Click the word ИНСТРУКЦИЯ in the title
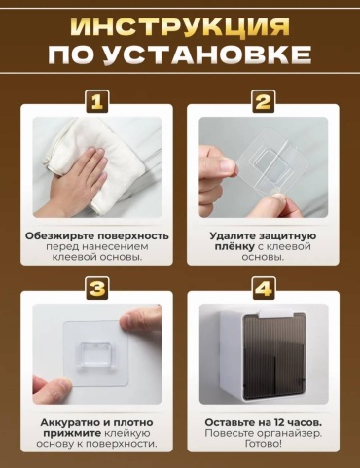[180, 26]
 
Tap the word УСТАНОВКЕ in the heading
[208, 54]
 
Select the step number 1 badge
[97, 101]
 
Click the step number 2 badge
[264, 101]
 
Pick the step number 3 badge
[97, 288]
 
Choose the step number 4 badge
[264, 288]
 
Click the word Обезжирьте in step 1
[59, 235]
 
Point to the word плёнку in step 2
[234, 246]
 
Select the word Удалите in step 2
[233, 235]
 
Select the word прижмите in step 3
[72, 434]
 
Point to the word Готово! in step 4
[264, 444]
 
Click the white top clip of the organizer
[276, 313]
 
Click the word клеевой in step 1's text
[72, 257]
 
